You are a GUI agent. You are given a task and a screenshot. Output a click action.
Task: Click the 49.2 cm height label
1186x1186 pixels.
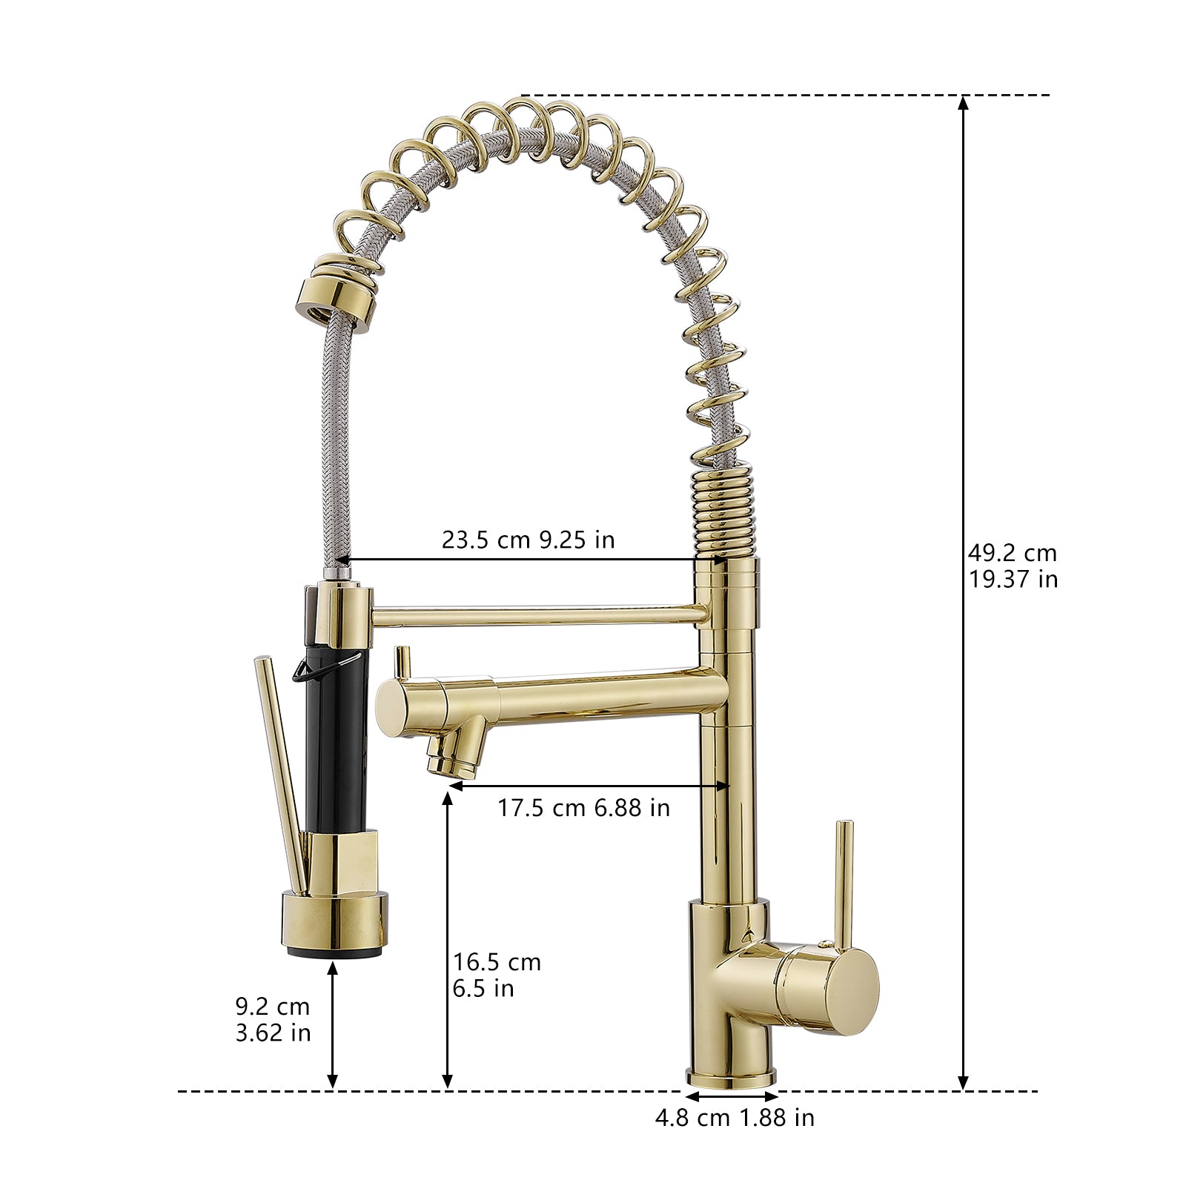pyautogui.click(x=1012, y=553)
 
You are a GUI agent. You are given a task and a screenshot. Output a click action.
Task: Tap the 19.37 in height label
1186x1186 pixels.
pyautogui.click(x=1013, y=579)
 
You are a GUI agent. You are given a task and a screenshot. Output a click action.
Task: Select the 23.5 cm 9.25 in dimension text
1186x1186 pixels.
pyautogui.click(x=528, y=540)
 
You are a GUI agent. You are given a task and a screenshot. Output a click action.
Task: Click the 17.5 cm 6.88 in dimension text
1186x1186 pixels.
pyautogui.click(x=583, y=807)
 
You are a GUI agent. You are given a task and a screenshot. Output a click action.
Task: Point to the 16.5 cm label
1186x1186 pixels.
pyautogui.click(x=497, y=962)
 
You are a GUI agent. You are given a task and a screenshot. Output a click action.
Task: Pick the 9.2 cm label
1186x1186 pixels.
pyautogui.click(x=272, y=1007)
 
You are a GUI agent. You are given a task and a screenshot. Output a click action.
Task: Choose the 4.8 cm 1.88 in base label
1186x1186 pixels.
pyautogui.click(x=734, y=1117)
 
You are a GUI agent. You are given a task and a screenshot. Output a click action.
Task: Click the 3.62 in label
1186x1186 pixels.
pyautogui.click(x=273, y=1033)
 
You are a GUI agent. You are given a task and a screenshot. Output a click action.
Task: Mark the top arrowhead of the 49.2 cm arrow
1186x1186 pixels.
pyautogui.click(x=963, y=104)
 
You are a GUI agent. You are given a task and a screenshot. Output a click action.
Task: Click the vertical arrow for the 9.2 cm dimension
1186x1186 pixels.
pyautogui.click(x=333, y=1023)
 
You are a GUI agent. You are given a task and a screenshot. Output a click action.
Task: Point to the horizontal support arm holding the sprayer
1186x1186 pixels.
pyautogui.click(x=534, y=614)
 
